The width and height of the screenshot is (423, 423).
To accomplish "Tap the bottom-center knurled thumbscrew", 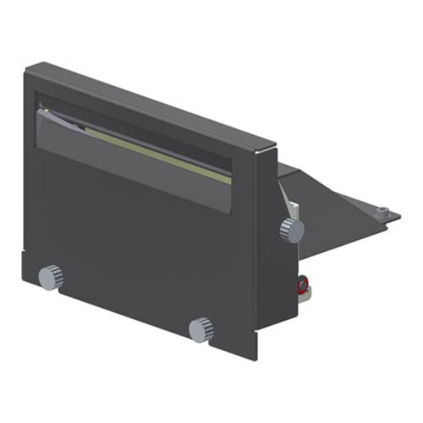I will click(201, 327).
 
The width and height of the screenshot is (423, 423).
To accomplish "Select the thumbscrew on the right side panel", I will click(290, 228).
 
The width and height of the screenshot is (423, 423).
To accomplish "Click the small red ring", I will click(301, 285).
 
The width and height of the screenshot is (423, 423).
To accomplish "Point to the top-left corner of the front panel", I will click(29, 69).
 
